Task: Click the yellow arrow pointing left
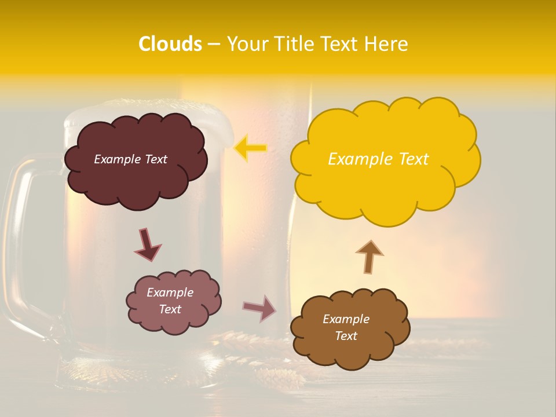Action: pos(251,148)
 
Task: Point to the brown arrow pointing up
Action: pos(370,256)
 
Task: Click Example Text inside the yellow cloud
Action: pos(378,159)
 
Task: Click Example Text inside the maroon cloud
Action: pos(130,159)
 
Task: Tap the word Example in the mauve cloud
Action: pos(170,292)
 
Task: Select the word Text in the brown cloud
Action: pos(346,336)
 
